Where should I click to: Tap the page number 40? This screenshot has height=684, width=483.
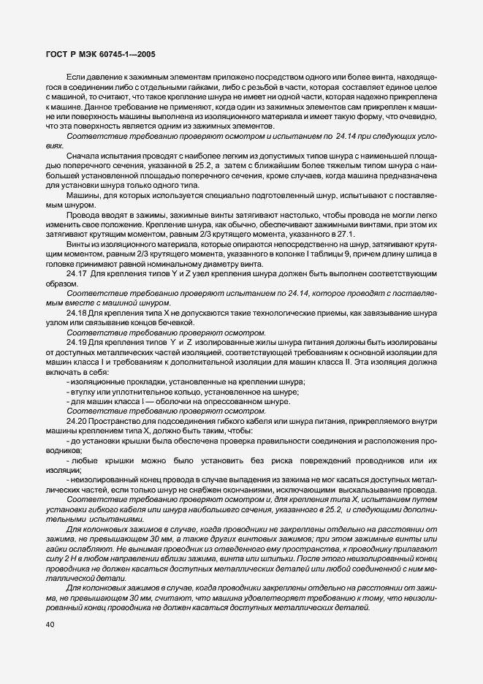[49, 624]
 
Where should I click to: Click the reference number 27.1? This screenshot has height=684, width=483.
[344, 234]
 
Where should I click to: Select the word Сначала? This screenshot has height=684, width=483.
[82, 156]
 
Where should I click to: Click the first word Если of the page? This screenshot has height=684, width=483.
[77, 77]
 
